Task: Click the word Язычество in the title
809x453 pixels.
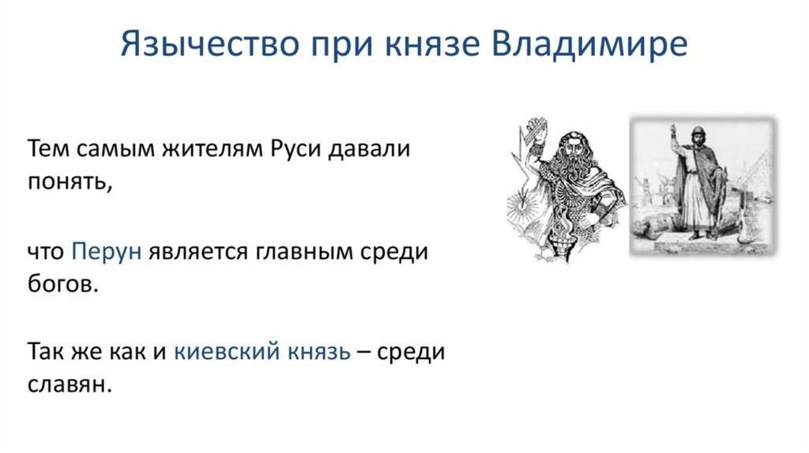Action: (209, 44)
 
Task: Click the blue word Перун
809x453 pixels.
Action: (107, 253)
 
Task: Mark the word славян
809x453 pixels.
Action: (70, 384)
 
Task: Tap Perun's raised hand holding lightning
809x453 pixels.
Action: (536, 135)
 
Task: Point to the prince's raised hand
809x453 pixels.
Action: (673, 130)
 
